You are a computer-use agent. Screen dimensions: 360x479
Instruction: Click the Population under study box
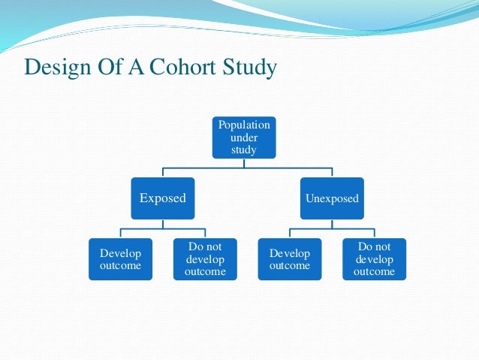pyautogui.click(x=244, y=138)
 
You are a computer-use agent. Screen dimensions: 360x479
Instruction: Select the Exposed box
pyautogui.click(x=163, y=198)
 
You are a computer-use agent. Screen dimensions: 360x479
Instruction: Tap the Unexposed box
pyautogui.click(x=332, y=199)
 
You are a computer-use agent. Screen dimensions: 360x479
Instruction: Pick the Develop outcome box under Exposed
pyautogui.click(x=120, y=259)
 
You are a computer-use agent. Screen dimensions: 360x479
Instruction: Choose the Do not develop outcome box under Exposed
pyautogui.click(x=205, y=259)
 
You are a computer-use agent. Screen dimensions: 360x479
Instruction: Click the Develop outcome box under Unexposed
pyautogui.click(x=289, y=259)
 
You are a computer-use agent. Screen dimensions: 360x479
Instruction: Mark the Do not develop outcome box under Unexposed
pyautogui.click(x=374, y=259)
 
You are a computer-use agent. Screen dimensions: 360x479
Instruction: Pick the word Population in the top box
pyautogui.click(x=244, y=125)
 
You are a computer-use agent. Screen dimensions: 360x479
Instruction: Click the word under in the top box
pyautogui.click(x=244, y=138)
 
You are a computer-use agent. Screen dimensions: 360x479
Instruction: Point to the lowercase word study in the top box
pyautogui.click(x=244, y=150)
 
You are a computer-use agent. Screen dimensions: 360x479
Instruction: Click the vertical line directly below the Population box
pyautogui.click(x=244, y=163)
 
